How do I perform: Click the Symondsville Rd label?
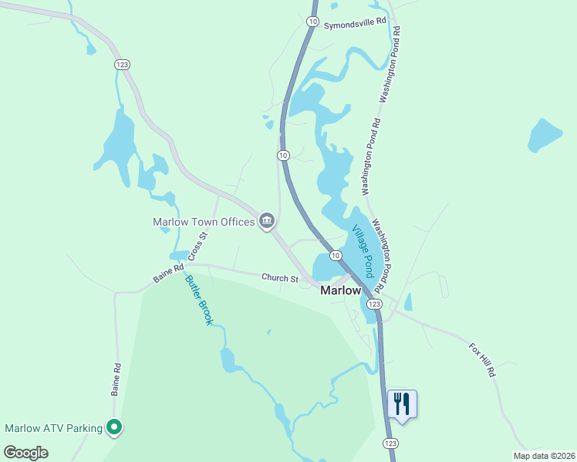click(x=354, y=25)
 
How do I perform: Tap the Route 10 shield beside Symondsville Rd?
click(x=312, y=22)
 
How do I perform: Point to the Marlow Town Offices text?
click(x=204, y=222)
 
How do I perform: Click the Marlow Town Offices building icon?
click(x=267, y=222)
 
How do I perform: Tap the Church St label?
click(x=279, y=278)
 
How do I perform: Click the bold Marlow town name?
click(x=340, y=290)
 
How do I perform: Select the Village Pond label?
click(x=363, y=252)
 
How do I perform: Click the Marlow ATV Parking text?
click(x=53, y=428)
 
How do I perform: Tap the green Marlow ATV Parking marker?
click(x=114, y=427)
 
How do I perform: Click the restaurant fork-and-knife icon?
click(x=402, y=403)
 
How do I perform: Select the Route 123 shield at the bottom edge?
click(x=390, y=444)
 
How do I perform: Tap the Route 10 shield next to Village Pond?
click(x=336, y=255)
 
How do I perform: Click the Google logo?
click(x=25, y=452)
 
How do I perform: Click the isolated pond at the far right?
click(x=545, y=136)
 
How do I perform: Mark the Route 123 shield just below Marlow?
click(x=373, y=305)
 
